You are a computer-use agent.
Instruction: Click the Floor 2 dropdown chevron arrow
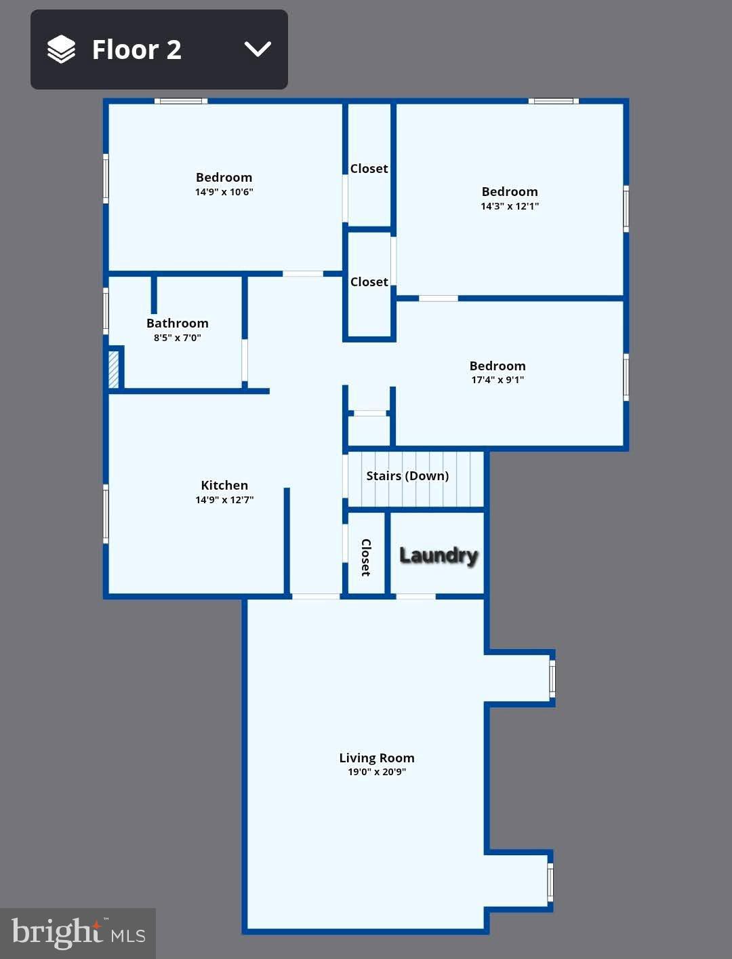tap(258, 50)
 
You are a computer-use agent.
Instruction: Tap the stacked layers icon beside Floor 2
tap(61, 50)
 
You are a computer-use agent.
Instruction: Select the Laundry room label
tap(439, 555)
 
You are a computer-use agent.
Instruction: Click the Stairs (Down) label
tap(407, 476)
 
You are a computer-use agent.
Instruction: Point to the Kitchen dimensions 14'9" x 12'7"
tap(224, 500)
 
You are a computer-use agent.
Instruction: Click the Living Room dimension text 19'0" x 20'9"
tap(377, 772)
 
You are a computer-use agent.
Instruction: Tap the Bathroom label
tap(178, 324)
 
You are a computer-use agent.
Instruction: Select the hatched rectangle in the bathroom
tap(114, 368)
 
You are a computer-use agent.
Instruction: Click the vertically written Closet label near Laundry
tap(366, 557)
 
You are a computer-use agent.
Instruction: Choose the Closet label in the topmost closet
tap(369, 169)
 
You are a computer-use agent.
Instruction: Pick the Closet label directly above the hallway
tap(369, 282)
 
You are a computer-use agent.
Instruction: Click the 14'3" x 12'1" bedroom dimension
tap(510, 206)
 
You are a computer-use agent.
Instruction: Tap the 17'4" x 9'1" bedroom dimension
tap(497, 380)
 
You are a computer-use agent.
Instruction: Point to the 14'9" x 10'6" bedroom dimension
tap(224, 192)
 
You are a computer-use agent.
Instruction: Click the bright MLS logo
tap(78, 933)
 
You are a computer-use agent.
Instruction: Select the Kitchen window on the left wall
tap(106, 513)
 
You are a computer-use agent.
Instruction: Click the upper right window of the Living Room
tap(552, 678)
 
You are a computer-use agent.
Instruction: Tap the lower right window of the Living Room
tap(550, 882)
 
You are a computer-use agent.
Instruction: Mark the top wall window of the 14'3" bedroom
tap(554, 101)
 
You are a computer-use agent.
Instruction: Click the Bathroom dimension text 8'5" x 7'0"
tap(178, 338)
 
